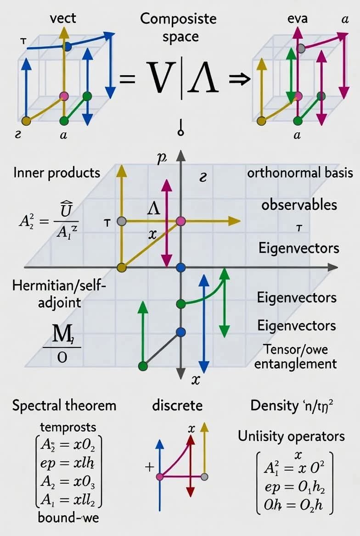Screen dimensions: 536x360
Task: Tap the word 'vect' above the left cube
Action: tap(63, 19)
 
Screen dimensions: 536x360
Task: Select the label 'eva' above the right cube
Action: tap(297, 19)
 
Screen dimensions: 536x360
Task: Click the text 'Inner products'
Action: tap(56, 173)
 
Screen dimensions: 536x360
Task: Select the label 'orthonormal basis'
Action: tap(300, 173)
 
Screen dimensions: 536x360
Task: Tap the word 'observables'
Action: tap(299, 205)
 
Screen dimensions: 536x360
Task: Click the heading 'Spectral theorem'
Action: tap(64, 406)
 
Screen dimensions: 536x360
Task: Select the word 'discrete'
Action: tap(177, 406)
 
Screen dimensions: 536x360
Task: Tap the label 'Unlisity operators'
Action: tap(291, 436)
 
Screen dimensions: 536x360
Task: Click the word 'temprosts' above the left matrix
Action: tap(68, 427)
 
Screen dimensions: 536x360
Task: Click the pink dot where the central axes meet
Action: tap(180, 221)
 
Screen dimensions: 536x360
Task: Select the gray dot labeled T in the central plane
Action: tap(122, 221)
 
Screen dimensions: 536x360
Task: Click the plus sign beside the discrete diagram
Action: tap(148, 468)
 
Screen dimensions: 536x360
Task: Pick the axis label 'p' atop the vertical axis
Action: tap(161, 159)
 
